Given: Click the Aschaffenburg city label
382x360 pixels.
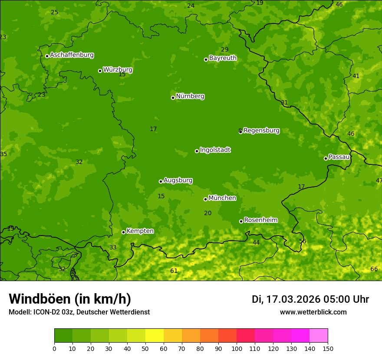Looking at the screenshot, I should pos(72,55).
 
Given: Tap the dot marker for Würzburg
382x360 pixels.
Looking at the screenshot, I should pos(100,71).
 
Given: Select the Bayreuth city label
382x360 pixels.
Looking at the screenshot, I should pos(223,58).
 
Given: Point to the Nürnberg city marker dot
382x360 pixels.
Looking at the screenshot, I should pos(173,98).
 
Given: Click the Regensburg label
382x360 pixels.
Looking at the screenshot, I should pos(261,131).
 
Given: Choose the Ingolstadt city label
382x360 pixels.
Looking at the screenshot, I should pos(215,150).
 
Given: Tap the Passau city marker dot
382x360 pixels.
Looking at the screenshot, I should pos(326,158).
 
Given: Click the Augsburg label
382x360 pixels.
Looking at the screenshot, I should pos(178,180).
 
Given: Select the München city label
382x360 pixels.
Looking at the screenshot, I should pos(222,198).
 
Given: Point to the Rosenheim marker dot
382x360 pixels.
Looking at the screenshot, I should pos(241,221).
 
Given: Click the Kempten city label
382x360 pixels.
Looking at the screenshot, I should pos(140,231).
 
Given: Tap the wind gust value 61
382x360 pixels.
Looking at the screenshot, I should pos(174,271).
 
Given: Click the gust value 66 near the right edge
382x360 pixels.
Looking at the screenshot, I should pos(374,269).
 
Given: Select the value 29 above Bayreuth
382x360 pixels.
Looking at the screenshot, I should pos(224,50).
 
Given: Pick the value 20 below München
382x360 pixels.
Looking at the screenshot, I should pos(207,213).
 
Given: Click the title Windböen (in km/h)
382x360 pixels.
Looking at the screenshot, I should pos(70,299).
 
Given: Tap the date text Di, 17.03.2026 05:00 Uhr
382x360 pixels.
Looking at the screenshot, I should pos(310,299).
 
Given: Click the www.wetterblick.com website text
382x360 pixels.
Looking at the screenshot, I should pos(313,312).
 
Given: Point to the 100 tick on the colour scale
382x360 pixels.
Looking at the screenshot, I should pos(237,348).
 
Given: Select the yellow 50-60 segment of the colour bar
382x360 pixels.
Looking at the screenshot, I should pos(155,336).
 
